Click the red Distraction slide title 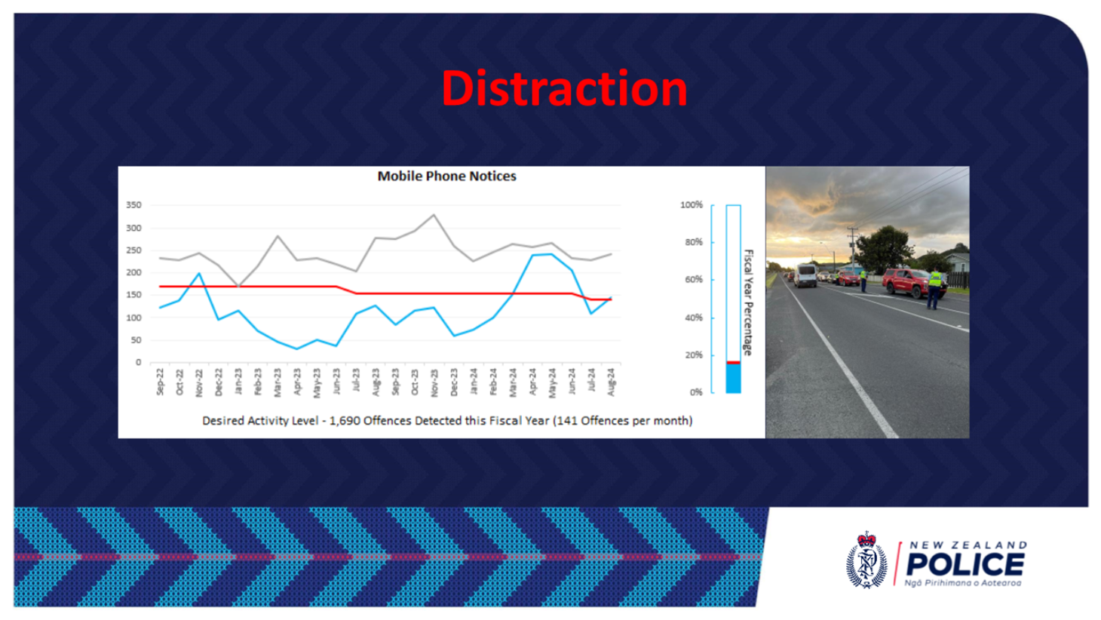[564, 88]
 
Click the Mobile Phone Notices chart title [446, 176]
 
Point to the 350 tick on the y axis [133, 205]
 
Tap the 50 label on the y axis [136, 340]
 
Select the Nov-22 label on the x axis [199, 382]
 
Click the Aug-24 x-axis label [612, 382]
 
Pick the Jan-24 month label [474, 382]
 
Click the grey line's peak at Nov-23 [434, 214]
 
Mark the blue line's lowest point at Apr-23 [297, 349]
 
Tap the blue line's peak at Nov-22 [199, 273]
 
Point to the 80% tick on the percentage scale [692, 242]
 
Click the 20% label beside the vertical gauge [692, 355]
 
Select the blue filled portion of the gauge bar [733, 378]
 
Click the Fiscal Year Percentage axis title [748, 302]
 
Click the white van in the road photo [805, 276]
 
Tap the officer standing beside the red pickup [934, 288]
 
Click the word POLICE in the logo [965, 564]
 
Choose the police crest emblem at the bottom [866, 560]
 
